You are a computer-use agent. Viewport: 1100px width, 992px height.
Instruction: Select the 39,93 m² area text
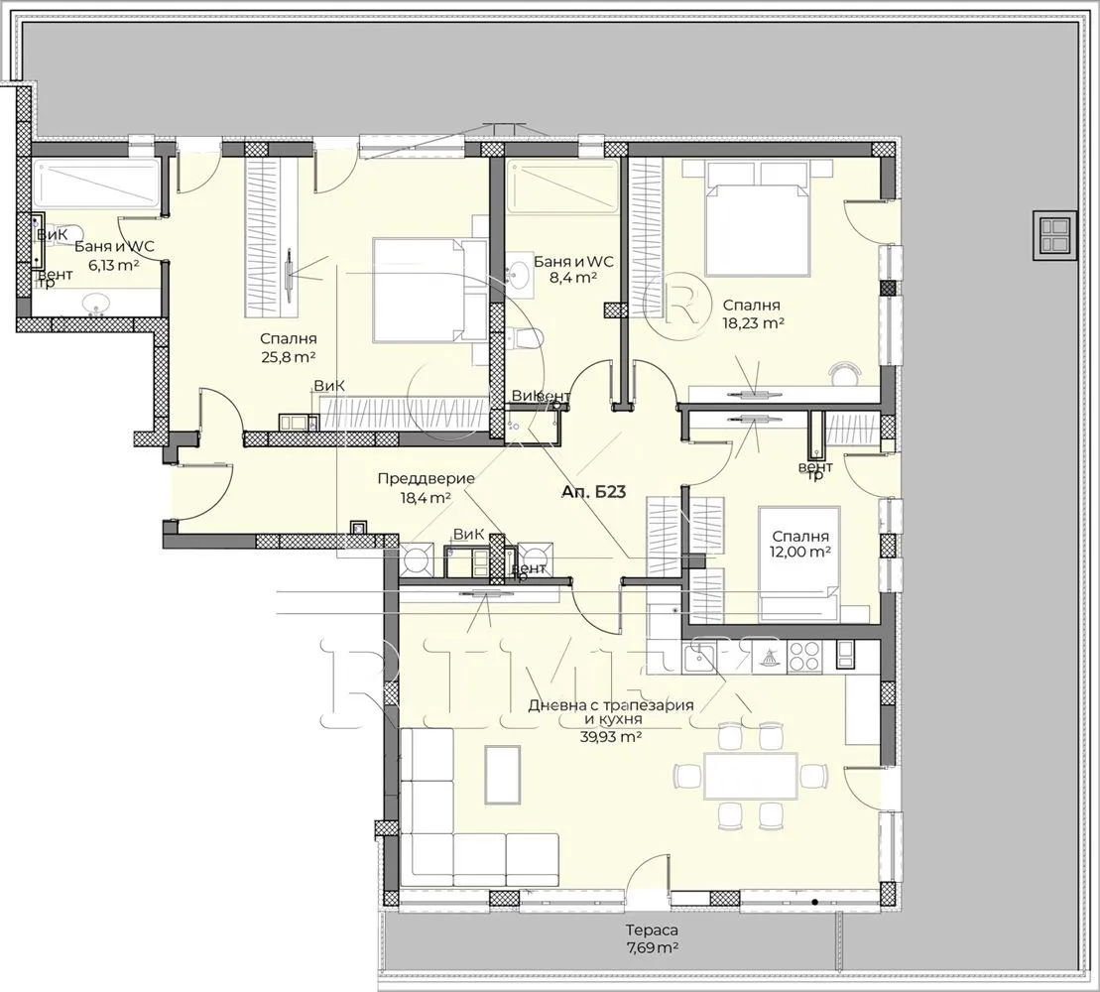tap(611, 736)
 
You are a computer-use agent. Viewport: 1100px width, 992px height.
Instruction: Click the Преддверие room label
tap(426, 478)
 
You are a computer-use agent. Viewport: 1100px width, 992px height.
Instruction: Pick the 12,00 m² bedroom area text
tap(800, 552)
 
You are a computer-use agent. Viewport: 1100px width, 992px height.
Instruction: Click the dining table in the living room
tap(751, 775)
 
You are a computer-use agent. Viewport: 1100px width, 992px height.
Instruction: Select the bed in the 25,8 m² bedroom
tap(417, 288)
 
